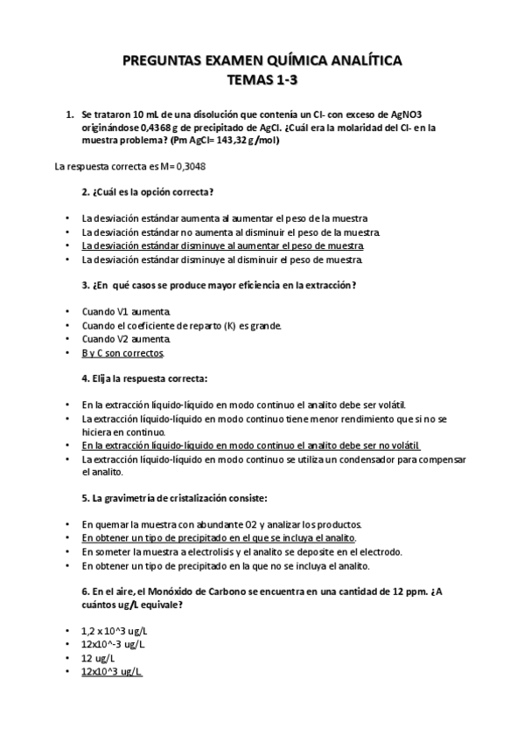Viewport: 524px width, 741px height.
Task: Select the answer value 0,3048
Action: [x=188, y=166]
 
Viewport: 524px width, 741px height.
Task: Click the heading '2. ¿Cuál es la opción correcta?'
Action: [x=148, y=191]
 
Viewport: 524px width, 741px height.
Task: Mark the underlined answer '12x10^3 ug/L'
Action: [x=112, y=671]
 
